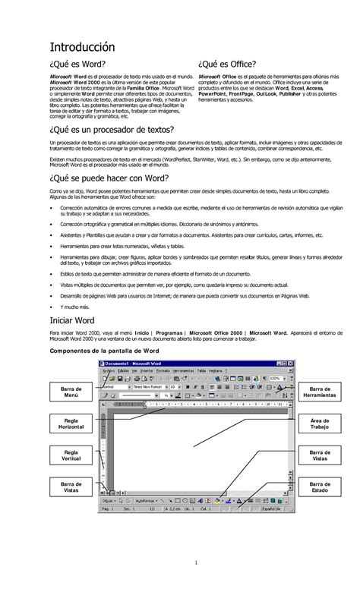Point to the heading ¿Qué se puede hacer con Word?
(109, 179)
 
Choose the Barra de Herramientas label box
(320, 392)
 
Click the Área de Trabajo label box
(320, 424)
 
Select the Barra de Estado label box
(320, 487)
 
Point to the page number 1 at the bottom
(195, 562)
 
